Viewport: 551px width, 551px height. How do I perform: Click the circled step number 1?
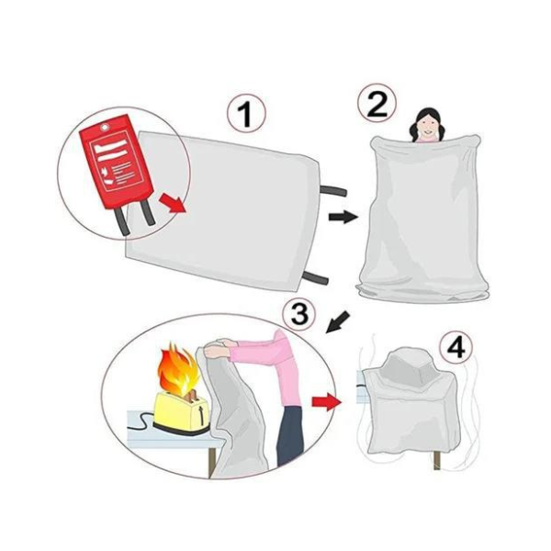point(245,116)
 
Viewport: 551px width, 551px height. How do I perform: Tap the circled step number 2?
point(377,104)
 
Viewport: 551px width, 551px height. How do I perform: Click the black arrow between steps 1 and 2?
point(342,216)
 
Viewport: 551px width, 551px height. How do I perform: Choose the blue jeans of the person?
point(290,436)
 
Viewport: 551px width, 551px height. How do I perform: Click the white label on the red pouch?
point(114,146)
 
